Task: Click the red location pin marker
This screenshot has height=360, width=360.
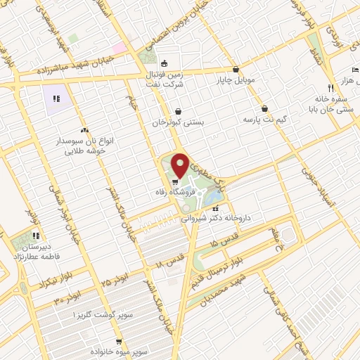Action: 180,165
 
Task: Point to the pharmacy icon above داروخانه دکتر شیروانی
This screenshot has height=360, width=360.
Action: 215,208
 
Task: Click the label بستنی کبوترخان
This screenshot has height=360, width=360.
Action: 179,121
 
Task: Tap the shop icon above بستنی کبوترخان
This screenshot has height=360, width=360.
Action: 179,111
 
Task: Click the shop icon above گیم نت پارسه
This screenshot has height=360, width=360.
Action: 264,109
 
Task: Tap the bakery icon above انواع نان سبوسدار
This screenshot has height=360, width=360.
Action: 84,130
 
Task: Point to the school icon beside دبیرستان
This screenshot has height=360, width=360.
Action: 36,235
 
